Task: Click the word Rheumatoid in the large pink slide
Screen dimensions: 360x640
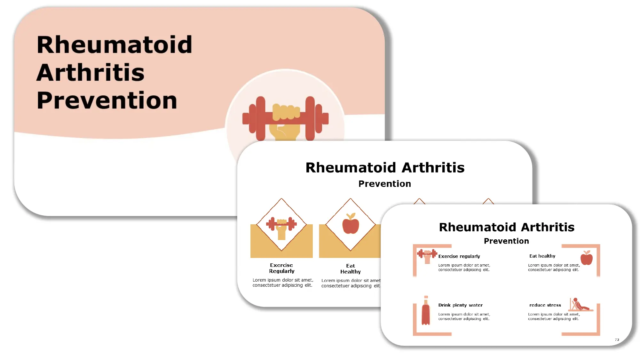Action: click(x=114, y=45)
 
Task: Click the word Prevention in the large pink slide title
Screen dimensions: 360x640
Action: click(x=107, y=100)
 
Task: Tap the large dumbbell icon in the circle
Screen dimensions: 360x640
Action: click(x=285, y=118)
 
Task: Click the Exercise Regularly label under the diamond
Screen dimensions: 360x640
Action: click(x=281, y=268)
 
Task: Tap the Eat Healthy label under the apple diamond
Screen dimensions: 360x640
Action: click(x=351, y=269)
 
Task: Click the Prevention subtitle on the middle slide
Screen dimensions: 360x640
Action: click(x=384, y=184)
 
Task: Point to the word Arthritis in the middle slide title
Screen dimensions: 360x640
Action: click(x=433, y=168)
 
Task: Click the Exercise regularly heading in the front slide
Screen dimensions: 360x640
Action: click(x=459, y=256)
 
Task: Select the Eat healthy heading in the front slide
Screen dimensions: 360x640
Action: click(x=542, y=256)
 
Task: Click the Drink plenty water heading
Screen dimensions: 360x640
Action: click(x=460, y=305)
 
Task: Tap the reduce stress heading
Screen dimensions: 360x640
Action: click(x=545, y=305)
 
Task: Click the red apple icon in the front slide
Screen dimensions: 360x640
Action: click(x=587, y=258)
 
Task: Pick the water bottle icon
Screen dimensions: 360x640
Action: click(x=426, y=311)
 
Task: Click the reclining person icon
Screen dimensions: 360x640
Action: click(x=580, y=305)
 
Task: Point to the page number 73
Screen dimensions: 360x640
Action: click(x=617, y=340)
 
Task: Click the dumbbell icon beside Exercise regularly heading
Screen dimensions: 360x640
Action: click(x=427, y=255)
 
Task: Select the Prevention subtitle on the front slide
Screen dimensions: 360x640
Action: click(x=506, y=241)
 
